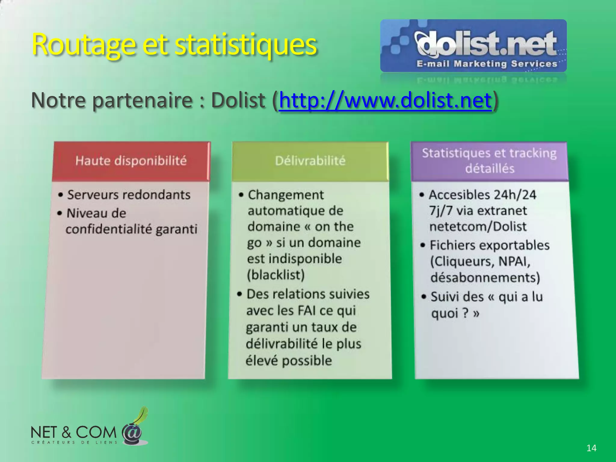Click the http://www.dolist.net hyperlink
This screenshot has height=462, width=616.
click(x=385, y=100)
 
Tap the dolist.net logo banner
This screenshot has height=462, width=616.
click(x=473, y=46)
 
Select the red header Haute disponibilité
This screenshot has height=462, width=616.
click(x=131, y=161)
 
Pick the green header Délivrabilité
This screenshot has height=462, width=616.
click(x=310, y=161)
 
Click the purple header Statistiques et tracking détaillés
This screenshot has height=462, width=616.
click(x=489, y=161)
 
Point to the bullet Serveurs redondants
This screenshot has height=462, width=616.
click(x=129, y=195)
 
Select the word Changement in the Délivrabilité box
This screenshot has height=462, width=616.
click(x=286, y=195)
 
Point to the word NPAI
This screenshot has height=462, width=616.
click(x=514, y=261)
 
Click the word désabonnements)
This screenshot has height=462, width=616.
click(x=485, y=277)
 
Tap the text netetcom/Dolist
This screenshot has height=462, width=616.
click(x=478, y=226)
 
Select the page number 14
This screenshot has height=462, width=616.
click(x=591, y=448)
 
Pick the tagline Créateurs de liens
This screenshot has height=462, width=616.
click(x=74, y=442)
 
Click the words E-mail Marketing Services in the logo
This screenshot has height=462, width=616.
click(x=487, y=64)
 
